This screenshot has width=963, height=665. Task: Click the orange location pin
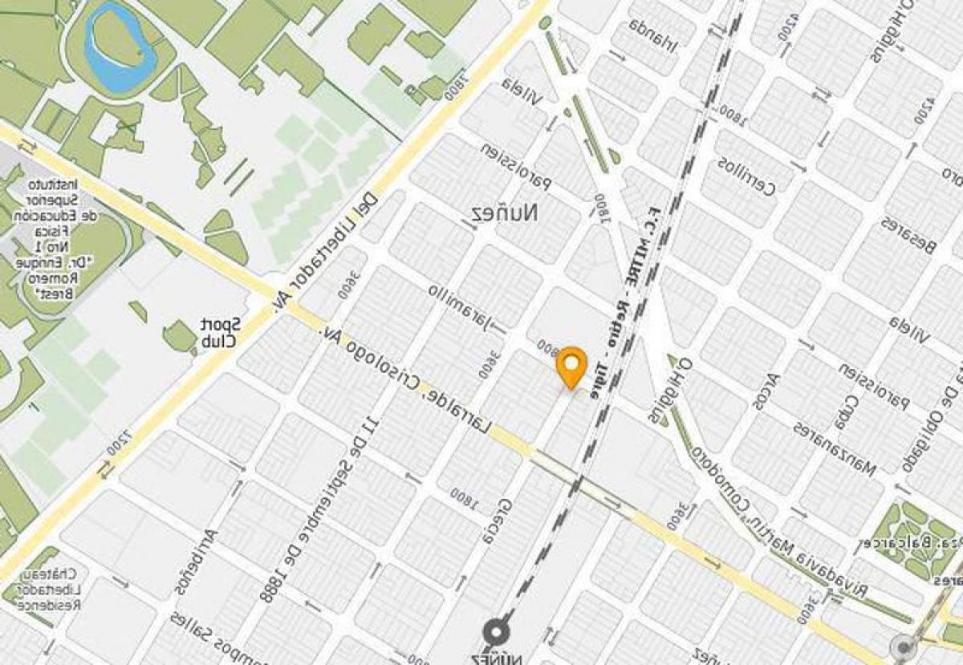(x=571, y=367)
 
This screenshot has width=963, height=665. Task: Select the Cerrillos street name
(x=746, y=177)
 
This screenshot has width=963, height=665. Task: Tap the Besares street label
(x=908, y=236)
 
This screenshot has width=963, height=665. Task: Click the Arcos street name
(x=766, y=390)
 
